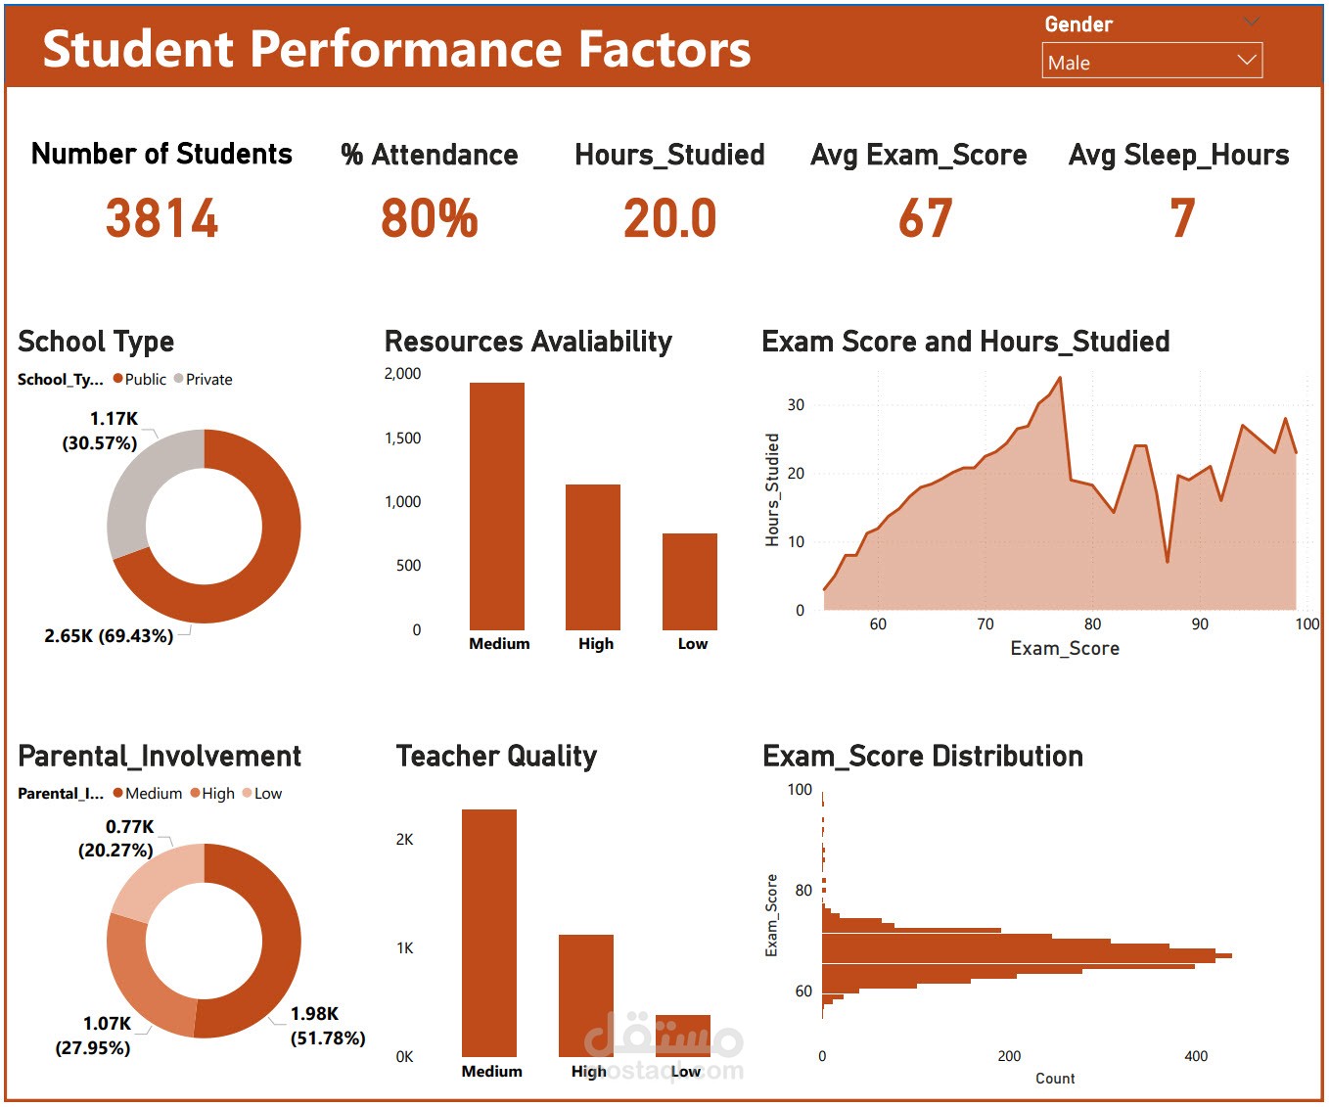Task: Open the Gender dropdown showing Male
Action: [x=1152, y=61]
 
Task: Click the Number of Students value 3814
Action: [x=162, y=218]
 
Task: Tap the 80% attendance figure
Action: [x=430, y=218]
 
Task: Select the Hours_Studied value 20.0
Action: [x=670, y=218]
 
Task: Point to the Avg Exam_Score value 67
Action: [x=925, y=218]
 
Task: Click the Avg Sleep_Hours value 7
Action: [x=1182, y=218]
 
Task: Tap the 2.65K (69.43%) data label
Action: [x=109, y=636]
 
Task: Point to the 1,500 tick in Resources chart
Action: [x=402, y=438]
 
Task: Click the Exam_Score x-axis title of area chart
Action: [x=1065, y=649]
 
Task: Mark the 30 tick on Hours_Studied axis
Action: [x=796, y=405]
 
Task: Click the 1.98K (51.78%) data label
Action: [x=328, y=1026]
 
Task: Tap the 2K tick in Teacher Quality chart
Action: [x=404, y=840]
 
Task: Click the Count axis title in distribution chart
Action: [x=1055, y=1079]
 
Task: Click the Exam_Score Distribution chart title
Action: [x=923, y=757]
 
